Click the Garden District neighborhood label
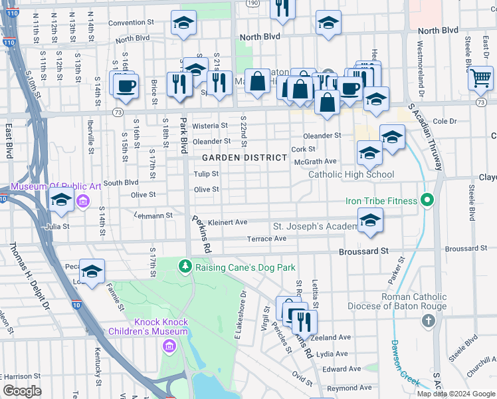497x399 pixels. click(x=245, y=158)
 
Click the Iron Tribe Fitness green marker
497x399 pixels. click(x=429, y=200)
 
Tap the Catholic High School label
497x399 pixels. click(x=351, y=175)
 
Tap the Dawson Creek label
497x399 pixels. click(x=404, y=363)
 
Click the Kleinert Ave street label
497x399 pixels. click(x=227, y=222)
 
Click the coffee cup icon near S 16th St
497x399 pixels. click(x=125, y=86)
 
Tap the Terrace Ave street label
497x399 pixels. click(x=266, y=238)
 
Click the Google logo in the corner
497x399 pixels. click(x=22, y=390)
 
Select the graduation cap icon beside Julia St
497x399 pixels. click(x=61, y=199)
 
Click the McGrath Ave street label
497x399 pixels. click(x=316, y=162)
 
